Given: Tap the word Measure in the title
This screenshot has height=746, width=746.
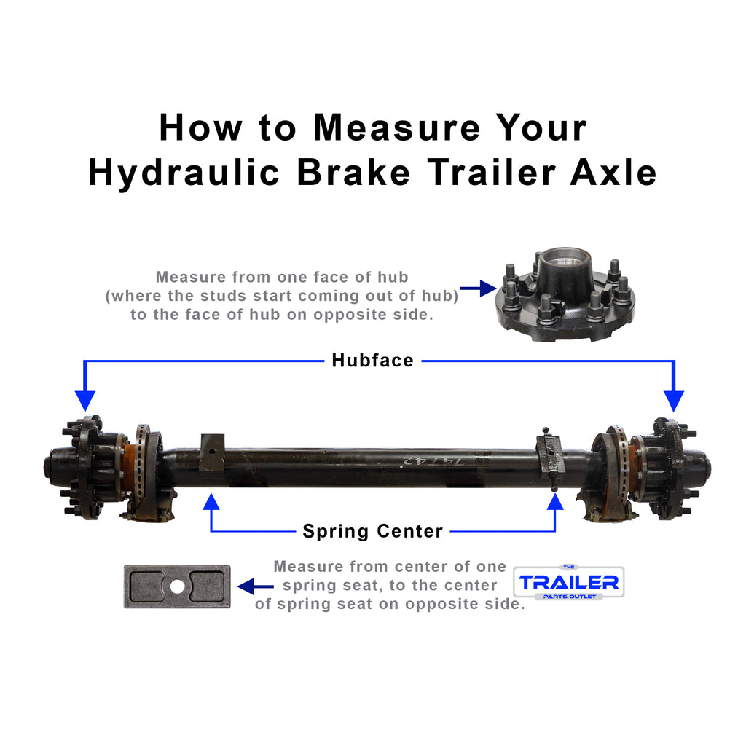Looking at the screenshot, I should click(x=396, y=127).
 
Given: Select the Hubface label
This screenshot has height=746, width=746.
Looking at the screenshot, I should click(x=372, y=360).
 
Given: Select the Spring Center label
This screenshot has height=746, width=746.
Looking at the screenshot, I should click(x=372, y=531).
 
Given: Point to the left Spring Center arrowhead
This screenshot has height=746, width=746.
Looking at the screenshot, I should click(x=211, y=501).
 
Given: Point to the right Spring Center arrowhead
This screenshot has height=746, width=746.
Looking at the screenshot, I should click(x=555, y=501).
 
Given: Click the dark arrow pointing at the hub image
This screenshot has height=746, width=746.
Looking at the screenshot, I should click(x=477, y=290).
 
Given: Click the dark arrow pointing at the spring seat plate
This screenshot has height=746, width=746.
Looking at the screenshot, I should click(x=255, y=586).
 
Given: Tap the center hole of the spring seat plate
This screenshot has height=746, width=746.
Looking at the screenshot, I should click(x=177, y=586).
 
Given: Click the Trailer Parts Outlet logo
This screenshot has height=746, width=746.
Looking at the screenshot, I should click(x=568, y=582).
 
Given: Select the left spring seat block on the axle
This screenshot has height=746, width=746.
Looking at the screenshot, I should click(x=212, y=452).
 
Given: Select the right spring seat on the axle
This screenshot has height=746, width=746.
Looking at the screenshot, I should click(x=550, y=455).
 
